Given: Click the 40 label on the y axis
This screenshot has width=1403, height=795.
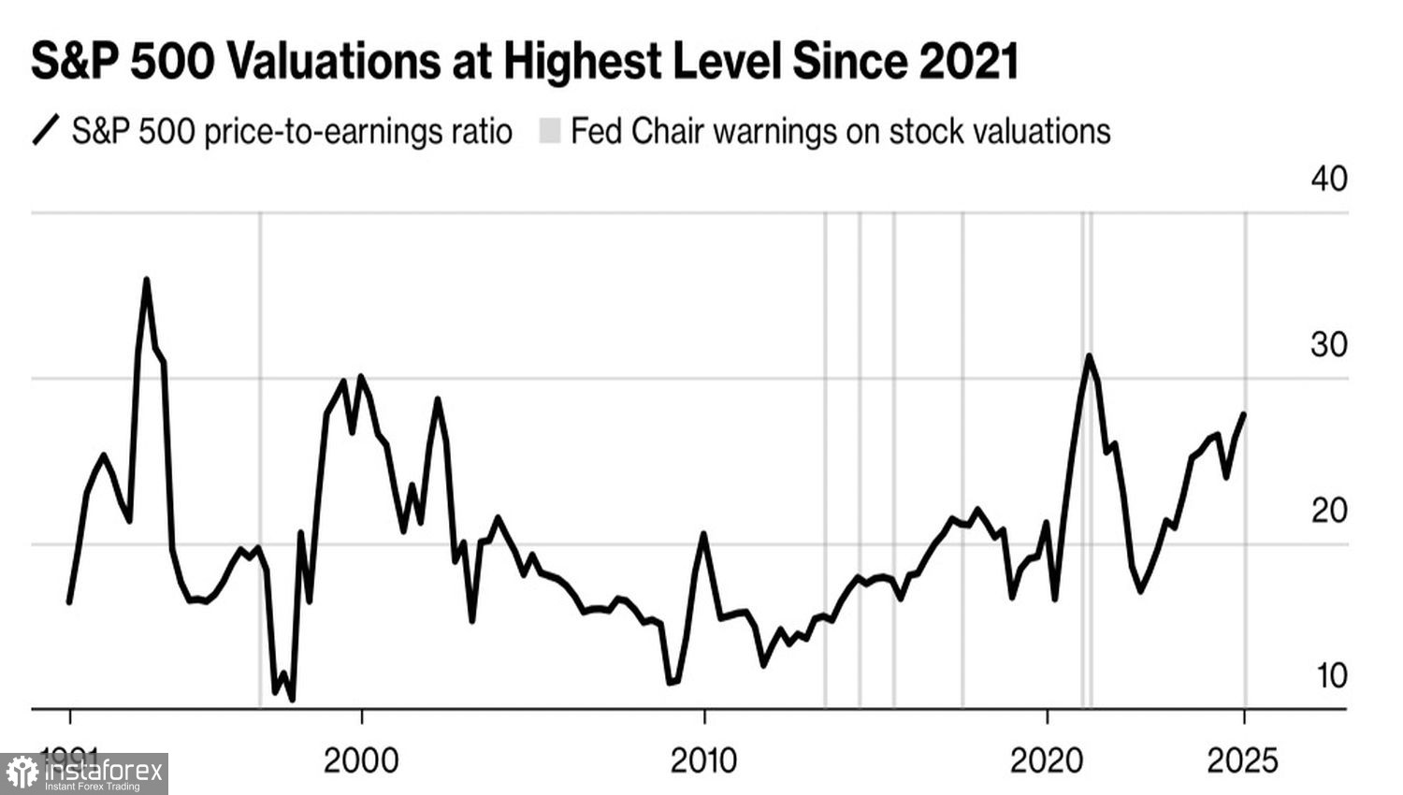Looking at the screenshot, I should pyautogui.click(x=1328, y=179).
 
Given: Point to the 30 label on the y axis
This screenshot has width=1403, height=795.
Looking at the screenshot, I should pyautogui.click(x=1328, y=345).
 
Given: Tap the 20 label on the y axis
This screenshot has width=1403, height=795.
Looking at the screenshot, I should pyautogui.click(x=1328, y=511).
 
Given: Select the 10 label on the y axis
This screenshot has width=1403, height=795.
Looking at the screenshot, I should pyautogui.click(x=1331, y=675).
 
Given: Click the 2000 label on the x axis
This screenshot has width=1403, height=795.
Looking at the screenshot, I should pyautogui.click(x=361, y=760).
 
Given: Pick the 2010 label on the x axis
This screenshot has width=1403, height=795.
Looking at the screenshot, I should pyautogui.click(x=703, y=760).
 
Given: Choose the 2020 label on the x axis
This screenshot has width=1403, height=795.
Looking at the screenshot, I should pyautogui.click(x=1047, y=760).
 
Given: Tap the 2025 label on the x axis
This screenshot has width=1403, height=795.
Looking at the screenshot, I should pyautogui.click(x=1243, y=760).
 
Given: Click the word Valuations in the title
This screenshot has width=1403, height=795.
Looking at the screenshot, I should pyautogui.click(x=332, y=63).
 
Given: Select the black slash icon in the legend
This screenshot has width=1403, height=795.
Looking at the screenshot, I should pyautogui.click(x=46, y=130).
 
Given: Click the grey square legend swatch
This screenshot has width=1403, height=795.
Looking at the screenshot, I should pyautogui.click(x=550, y=131).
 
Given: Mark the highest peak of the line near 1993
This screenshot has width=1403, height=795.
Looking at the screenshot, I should pyautogui.click(x=146, y=280).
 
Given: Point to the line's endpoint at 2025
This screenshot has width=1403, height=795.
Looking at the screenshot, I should pyautogui.click(x=1243, y=414).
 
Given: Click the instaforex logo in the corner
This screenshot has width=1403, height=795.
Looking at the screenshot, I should pyautogui.click(x=84, y=773).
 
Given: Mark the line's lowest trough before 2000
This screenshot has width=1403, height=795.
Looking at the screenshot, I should pyautogui.click(x=292, y=699).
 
